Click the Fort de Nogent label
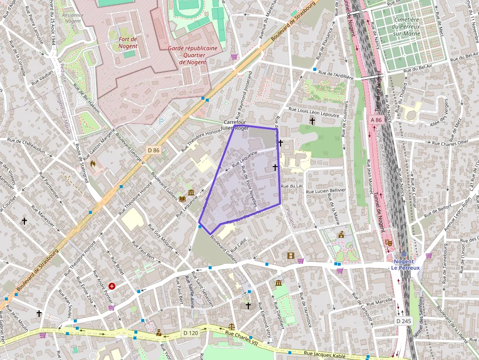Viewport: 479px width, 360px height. click(x=128, y=42)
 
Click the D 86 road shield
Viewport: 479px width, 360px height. click(x=153, y=150)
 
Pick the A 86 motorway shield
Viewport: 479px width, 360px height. click(x=376, y=120)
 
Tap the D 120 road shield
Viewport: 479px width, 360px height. click(x=191, y=333)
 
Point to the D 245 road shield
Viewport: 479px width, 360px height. click(x=404, y=321)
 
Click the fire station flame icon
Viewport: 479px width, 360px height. click(x=93, y=164)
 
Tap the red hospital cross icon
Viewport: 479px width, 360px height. click(x=112, y=286)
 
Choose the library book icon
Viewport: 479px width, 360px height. click(x=182, y=199)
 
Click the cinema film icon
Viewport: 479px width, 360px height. click(x=291, y=255)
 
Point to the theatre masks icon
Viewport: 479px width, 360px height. click(x=389, y=242)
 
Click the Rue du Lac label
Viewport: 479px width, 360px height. click(x=292, y=186)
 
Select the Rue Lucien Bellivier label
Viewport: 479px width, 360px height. click(x=326, y=191)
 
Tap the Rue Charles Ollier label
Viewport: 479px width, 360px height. click(x=450, y=143)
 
